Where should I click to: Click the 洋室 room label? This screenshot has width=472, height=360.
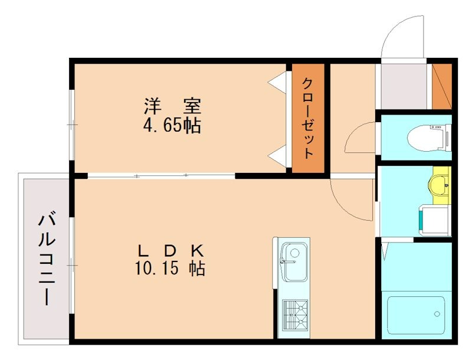pyautogui.click(x=173, y=106)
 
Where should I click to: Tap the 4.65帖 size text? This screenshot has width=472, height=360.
pyautogui.click(x=173, y=125)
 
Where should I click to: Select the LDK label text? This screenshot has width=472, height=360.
pyautogui.click(x=171, y=251)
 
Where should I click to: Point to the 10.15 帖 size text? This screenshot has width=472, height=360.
pyautogui.click(x=171, y=269)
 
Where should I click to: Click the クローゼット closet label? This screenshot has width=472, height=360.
pyautogui.click(x=307, y=117)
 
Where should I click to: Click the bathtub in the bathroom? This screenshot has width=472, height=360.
pyautogui.click(x=415, y=316)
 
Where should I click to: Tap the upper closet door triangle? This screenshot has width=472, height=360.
pyautogui.click(x=277, y=83)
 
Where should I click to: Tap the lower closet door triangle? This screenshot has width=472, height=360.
pyautogui.click(x=277, y=156)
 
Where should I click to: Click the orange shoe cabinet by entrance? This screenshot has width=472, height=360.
pyautogui.click(x=441, y=86)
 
